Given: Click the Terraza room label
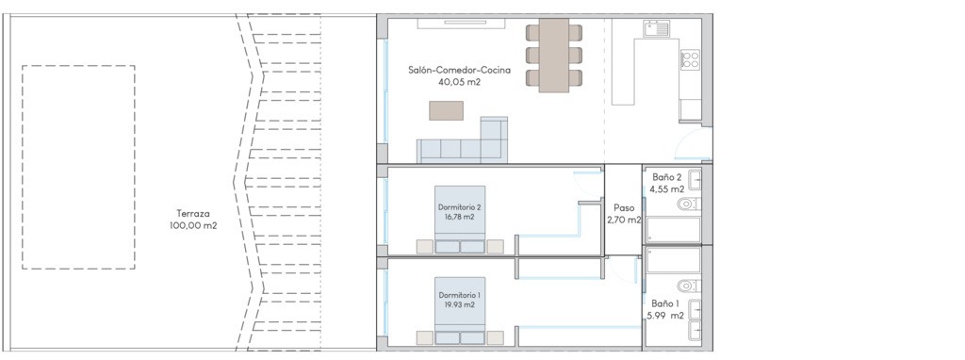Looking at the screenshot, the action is click(193, 214).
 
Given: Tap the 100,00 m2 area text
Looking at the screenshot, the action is click(193, 226).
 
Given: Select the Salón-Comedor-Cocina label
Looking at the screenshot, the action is click(459, 70).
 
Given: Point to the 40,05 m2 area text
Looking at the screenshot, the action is click(459, 82).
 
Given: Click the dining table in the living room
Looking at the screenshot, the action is click(554, 56).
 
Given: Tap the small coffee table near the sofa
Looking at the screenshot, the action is click(446, 111).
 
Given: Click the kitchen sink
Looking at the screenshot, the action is click(656, 28).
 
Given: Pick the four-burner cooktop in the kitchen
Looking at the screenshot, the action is click(690, 59).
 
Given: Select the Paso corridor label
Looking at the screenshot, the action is click(624, 208).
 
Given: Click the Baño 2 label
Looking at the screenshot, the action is click(666, 177).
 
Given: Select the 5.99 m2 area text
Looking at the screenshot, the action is click(665, 316).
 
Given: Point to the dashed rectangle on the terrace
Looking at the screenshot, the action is click(23, 167).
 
